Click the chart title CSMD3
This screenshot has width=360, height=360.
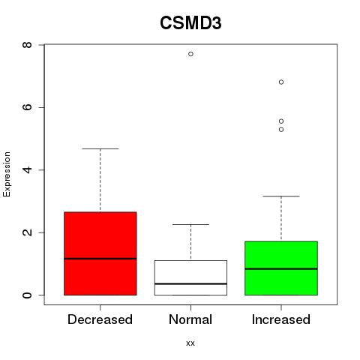click(x=190, y=23)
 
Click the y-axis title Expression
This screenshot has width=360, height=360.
click(x=7, y=174)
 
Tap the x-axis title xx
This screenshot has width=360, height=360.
click(x=190, y=343)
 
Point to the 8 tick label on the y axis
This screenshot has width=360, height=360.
click(x=27, y=45)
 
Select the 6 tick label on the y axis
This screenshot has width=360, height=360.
click(x=27, y=107)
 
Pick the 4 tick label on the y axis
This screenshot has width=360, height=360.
click(x=27, y=170)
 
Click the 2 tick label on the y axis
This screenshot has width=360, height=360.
click(x=27, y=232)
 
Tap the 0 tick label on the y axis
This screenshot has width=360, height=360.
click(x=27, y=295)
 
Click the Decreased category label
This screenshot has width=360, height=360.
click(x=100, y=319)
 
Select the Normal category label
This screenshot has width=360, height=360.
click(x=190, y=319)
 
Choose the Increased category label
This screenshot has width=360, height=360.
click(x=281, y=319)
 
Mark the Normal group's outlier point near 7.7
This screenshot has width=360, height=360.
click(x=190, y=54)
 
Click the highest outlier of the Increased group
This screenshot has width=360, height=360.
click(x=281, y=82)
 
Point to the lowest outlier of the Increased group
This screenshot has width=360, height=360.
click(x=281, y=130)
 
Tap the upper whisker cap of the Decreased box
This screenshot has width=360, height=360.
click(x=100, y=148)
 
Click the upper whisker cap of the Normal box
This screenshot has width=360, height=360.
click(x=190, y=224)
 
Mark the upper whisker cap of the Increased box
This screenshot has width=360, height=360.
click(x=281, y=196)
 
